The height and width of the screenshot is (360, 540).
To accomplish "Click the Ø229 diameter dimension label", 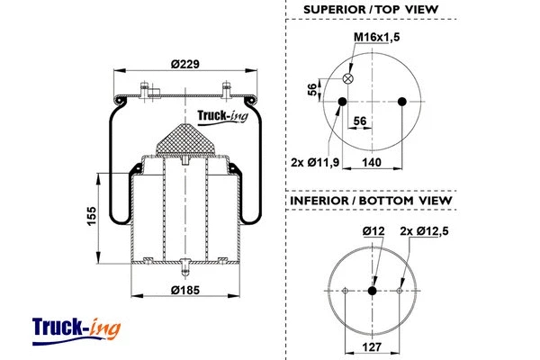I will (x=184, y=63).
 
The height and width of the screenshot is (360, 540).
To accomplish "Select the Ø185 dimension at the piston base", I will (x=184, y=290).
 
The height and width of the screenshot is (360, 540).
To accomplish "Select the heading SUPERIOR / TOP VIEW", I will (x=370, y=10).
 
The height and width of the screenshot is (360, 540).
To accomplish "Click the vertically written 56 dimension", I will (x=312, y=89).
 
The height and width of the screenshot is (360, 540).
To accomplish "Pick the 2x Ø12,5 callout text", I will (x=422, y=231).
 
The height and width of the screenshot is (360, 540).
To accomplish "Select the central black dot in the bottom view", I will (x=372, y=289).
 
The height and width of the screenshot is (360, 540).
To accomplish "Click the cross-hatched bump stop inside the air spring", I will (x=184, y=139).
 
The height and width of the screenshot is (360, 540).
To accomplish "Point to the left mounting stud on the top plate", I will (x=145, y=90).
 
